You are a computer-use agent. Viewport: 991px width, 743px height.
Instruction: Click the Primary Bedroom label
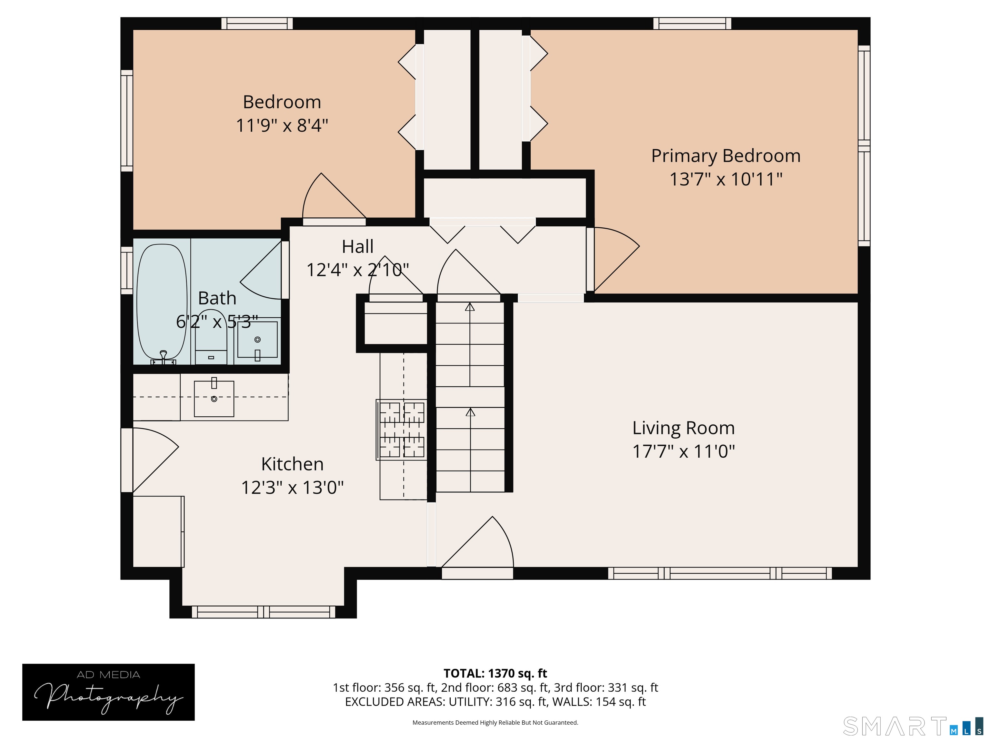click(726, 156)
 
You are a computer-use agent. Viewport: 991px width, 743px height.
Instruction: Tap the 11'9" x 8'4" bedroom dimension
click(282, 125)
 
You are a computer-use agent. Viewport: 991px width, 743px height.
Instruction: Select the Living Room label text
click(684, 428)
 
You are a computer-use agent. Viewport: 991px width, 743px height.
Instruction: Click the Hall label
click(357, 246)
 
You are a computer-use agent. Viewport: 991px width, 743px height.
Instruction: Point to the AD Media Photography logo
click(108, 692)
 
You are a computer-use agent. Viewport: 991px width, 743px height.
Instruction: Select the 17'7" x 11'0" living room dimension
click(684, 451)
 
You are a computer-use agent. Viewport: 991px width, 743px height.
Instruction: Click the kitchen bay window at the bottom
click(264, 612)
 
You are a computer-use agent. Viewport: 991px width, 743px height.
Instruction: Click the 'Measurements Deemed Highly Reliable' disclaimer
click(495, 722)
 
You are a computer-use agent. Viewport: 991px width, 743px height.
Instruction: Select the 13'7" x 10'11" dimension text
click(726, 179)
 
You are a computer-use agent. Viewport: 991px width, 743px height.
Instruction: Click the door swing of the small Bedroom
click(334, 197)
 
